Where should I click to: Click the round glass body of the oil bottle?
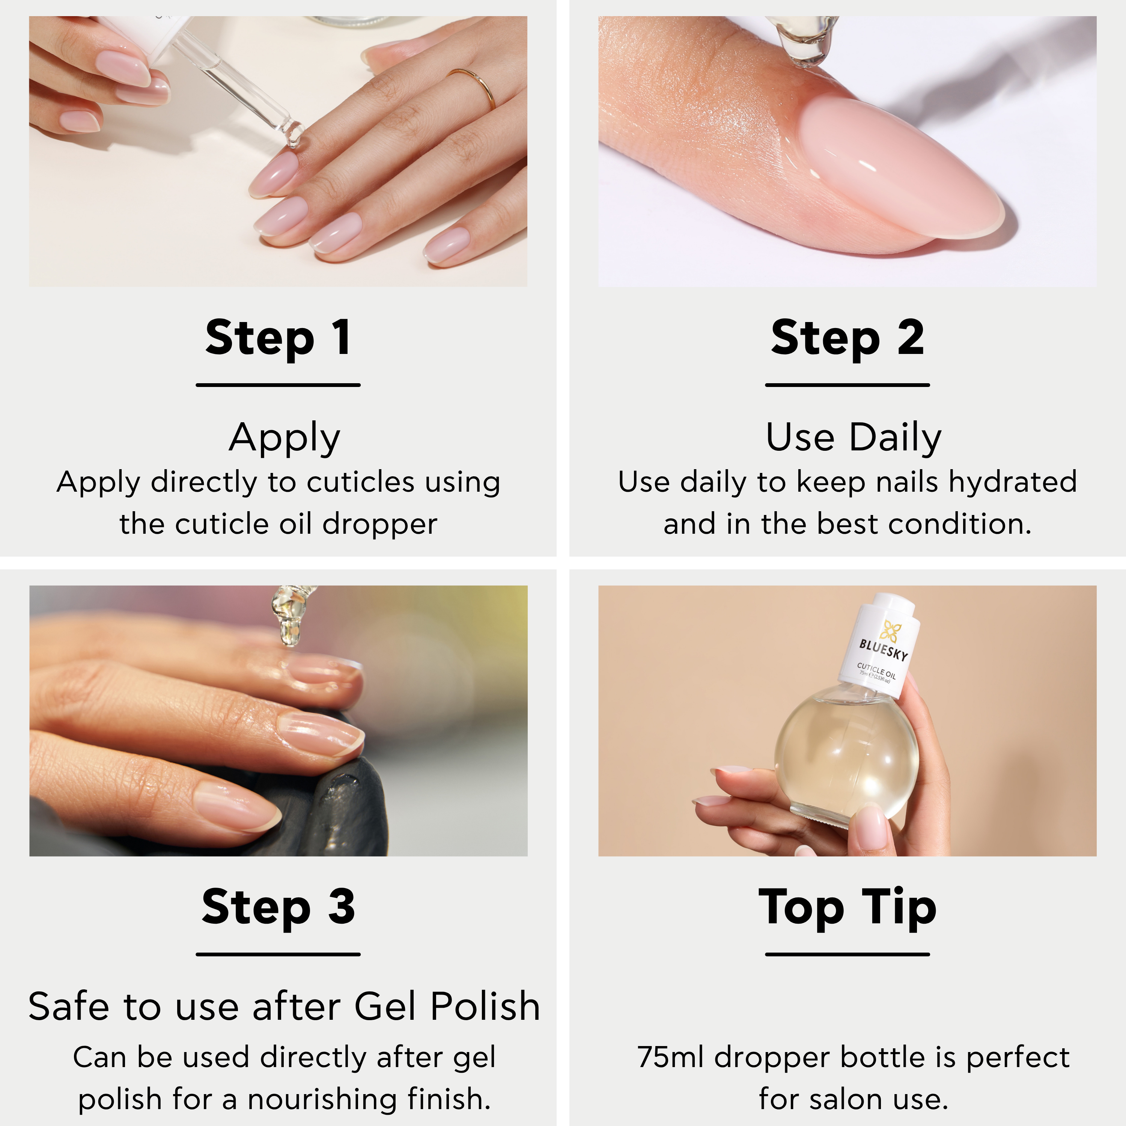click(847, 755)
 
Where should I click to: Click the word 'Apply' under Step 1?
click(285, 438)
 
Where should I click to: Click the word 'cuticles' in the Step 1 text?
click(361, 483)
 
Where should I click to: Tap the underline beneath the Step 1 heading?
click(278, 385)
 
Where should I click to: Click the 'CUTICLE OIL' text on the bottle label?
click(876, 671)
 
